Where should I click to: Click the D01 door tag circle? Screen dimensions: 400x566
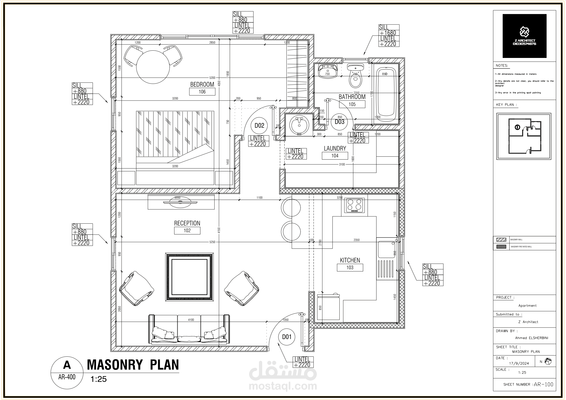click(287, 337)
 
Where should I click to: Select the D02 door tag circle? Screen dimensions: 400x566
click(259, 125)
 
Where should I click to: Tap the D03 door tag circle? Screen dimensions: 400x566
click(339, 122)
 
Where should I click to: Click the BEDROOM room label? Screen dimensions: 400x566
click(202, 84)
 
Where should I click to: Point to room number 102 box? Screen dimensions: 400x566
click(187, 230)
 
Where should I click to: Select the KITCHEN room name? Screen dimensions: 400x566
click(350, 260)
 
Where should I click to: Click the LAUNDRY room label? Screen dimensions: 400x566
click(335, 148)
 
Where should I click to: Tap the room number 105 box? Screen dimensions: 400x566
click(352, 104)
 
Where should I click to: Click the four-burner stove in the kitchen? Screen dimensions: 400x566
click(354, 205)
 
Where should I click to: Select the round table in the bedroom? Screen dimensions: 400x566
click(153, 67)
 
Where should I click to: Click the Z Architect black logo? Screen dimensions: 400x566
click(524, 36)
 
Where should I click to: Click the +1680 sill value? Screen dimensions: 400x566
click(388, 33)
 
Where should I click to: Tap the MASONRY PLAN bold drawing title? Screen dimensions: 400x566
click(133, 364)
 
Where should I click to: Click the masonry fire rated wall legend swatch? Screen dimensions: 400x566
click(501, 247)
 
